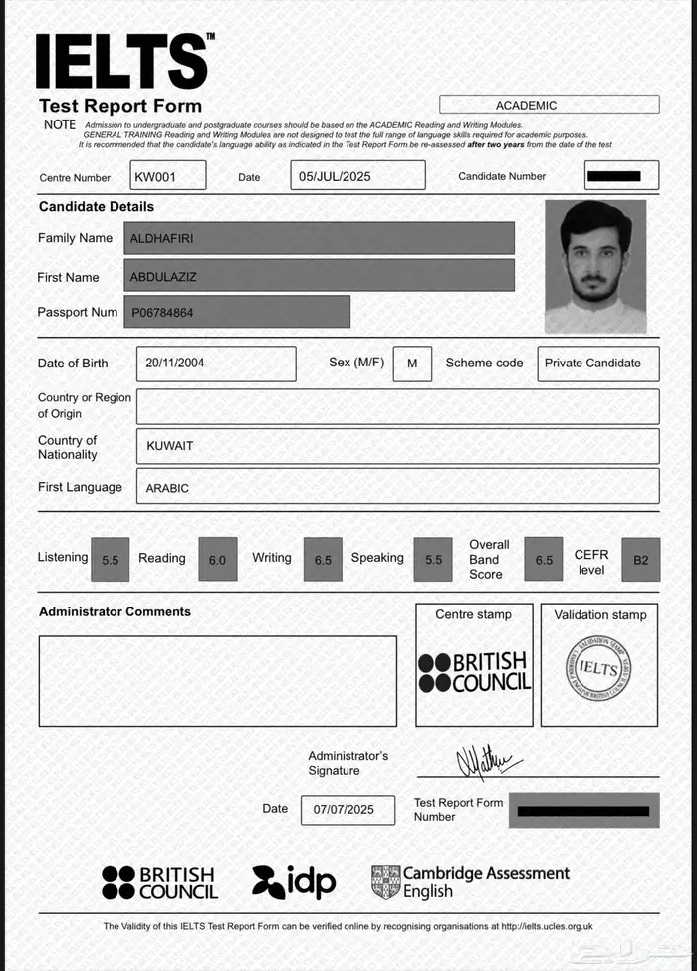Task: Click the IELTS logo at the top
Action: point(122,61)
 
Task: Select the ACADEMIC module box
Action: point(549,105)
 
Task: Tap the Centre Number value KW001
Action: point(167,176)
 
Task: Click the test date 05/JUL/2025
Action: point(359,176)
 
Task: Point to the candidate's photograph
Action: point(595,266)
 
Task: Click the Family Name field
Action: point(319,238)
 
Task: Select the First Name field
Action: point(319,276)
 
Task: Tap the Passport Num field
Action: point(237,312)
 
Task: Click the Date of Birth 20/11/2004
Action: point(216,364)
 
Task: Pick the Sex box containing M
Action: point(412,364)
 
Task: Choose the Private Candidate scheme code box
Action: point(597,364)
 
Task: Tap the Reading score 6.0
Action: point(217,560)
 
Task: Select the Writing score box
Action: point(323,560)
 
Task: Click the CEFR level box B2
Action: point(640,560)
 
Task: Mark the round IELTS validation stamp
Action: point(598,667)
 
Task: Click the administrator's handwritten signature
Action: point(488,763)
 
